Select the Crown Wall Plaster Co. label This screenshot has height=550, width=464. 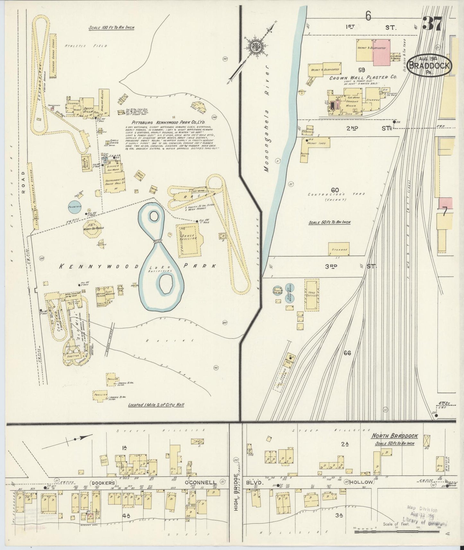363,77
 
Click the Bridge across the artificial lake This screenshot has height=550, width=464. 157,242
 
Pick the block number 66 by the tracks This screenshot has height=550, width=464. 347,353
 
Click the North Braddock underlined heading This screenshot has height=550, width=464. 394,436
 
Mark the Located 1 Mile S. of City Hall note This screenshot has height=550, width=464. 156,405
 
